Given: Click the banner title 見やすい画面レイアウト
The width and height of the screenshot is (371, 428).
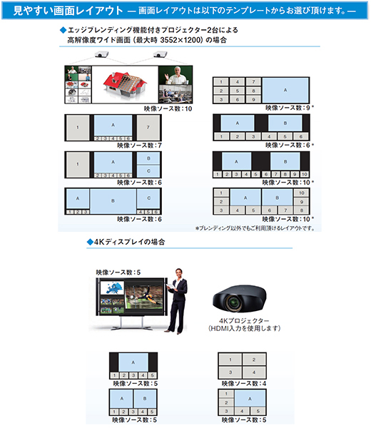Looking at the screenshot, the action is (68, 11).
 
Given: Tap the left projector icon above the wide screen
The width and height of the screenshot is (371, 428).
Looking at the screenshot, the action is (101, 55).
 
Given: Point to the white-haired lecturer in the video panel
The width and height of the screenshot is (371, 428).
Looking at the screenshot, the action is (176, 76).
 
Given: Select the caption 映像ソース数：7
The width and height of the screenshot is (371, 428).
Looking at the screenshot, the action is (140, 146).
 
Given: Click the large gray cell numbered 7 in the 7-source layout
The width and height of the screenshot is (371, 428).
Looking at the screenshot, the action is (148, 128).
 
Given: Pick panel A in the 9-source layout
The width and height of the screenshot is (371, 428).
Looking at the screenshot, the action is (285, 90).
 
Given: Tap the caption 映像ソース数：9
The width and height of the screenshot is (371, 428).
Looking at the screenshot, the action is (288, 108).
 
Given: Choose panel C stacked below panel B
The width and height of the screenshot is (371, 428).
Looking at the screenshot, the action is (148, 171).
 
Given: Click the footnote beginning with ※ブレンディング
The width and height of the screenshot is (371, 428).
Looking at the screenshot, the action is (255, 228).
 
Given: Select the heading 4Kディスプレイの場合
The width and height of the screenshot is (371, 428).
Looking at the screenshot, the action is (129, 242).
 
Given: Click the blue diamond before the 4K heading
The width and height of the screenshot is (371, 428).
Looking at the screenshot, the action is (90, 242).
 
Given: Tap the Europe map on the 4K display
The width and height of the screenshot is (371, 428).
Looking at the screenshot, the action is (112, 288).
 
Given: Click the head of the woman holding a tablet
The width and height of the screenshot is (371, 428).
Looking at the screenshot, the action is (179, 273).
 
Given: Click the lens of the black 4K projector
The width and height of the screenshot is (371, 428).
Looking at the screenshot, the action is (234, 302).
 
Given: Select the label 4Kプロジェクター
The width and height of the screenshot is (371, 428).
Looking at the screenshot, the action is (244, 321).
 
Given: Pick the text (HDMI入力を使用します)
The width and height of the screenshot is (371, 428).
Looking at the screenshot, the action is (244, 328).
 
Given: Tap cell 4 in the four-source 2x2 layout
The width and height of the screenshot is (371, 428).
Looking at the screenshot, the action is (254, 372).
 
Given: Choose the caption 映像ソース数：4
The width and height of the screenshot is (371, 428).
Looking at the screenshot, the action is (244, 384).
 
